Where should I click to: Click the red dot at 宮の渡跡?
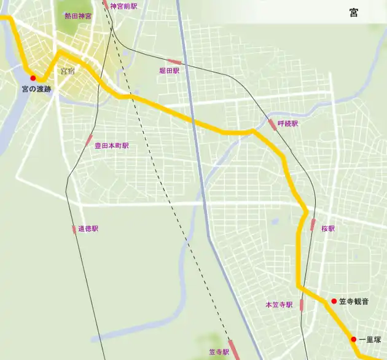(x=33, y=79)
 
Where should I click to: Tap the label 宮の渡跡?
(x=36, y=90)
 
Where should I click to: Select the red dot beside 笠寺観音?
(x=334, y=301)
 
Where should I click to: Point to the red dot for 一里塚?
(x=354, y=339)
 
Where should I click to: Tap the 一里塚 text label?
(x=370, y=340)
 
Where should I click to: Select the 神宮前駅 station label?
(x=124, y=6)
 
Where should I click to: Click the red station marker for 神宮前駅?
(x=106, y=4)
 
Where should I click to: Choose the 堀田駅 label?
(x=169, y=71)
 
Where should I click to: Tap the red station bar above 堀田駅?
(x=174, y=62)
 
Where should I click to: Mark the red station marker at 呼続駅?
(x=272, y=125)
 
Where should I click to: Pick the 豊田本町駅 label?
(x=112, y=146)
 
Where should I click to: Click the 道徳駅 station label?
(x=88, y=229)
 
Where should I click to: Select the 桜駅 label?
(x=328, y=229)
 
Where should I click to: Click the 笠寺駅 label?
(x=218, y=353)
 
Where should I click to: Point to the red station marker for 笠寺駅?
(x=234, y=349)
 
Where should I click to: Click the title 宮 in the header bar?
(x=353, y=12)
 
